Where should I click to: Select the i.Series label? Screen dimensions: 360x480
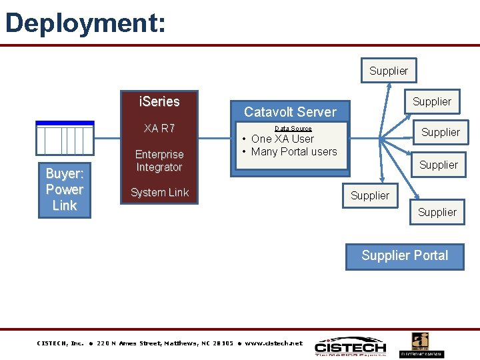tap(159, 102)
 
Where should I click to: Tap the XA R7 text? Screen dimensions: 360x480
tap(159, 128)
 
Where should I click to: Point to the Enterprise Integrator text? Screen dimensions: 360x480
tap(159, 161)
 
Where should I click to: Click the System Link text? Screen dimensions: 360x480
tap(159, 193)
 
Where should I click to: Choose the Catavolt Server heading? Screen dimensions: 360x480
tap(290, 111)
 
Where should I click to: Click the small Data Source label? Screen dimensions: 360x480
tap(293, 128)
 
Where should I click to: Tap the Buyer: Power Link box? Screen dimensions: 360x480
tap(65, 189)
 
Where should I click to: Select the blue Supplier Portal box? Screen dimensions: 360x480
tap(405, 256)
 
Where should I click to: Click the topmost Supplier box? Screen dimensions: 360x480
tap(389, 71)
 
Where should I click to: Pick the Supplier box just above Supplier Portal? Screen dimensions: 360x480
tap(437, 213)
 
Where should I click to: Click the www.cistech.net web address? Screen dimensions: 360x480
tap(273, 343)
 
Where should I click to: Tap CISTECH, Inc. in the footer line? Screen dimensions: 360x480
tap(60, 343)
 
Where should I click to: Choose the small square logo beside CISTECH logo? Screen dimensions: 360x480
tap(421, 345)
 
